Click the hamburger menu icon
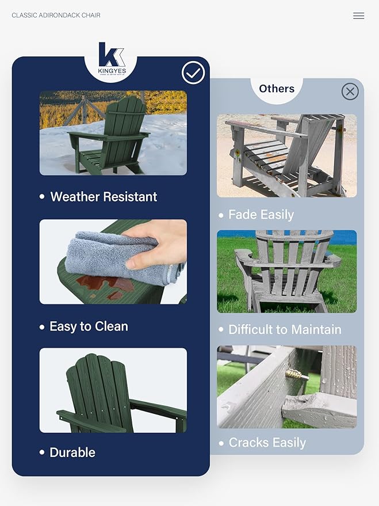coord(358,16)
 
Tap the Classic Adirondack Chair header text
coord(56,15)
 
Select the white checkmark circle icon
coord(193,73)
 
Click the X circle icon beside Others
coord(350,92)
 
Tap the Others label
coord(277,89)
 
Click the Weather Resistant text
coord(104,197)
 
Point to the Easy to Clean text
coord(89,326)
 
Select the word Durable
coord(72,452)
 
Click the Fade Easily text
coord(261,215)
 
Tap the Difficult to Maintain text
coord(285,330)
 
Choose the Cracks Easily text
coord(267,443)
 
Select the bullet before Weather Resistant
coord(42,197)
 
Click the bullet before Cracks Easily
coord(221,443)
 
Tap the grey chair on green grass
coord(285,271)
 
